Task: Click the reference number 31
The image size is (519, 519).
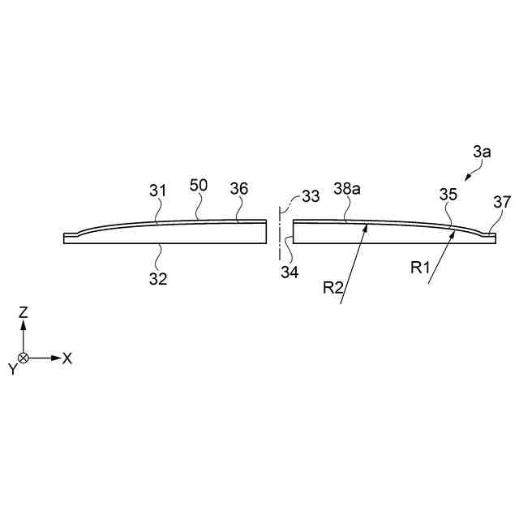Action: point(157,191)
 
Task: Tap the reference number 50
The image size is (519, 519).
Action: point(199,186)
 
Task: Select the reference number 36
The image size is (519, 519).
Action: point(238,189)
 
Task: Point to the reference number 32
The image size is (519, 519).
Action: point(157,278)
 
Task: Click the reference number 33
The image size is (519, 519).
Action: point(310,195)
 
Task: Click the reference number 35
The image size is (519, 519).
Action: point(448,195)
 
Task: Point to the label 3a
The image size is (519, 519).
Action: point(482,151)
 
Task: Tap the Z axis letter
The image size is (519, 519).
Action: point(24,311)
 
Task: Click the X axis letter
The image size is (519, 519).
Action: point(67,358)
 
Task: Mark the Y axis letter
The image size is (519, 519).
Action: point(12,369)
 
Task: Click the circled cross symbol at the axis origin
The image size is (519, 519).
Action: point(24,358)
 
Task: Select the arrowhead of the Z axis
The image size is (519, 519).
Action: point(24,323)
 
